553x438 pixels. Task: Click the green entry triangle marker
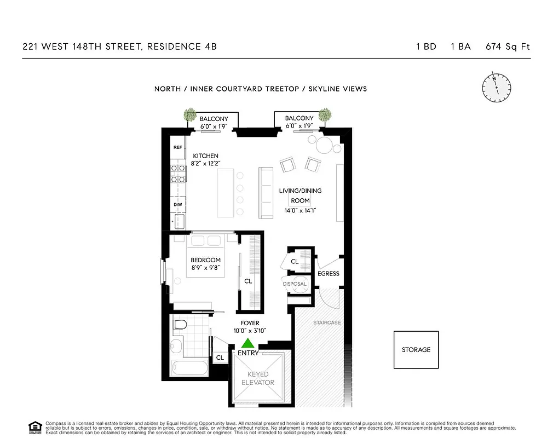point(248,343)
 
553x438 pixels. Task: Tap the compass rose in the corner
point(497,87)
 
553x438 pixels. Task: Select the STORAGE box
point(416,350)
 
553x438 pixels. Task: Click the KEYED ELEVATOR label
point(257,378)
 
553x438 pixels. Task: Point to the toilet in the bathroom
point(179,326)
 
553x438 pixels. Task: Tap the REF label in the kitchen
point(177,147)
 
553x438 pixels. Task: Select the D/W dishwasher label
point(177,205)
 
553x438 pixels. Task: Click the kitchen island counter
point(225,193)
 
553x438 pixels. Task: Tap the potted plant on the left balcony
point(190,115)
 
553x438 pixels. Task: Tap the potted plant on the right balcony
point(325,115)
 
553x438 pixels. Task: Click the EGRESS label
point(328,274)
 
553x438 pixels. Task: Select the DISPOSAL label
point(295,284)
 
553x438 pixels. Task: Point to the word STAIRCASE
point(327,323)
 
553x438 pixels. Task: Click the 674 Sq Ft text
point(508,47)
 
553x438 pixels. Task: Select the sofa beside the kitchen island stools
point(266,193)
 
